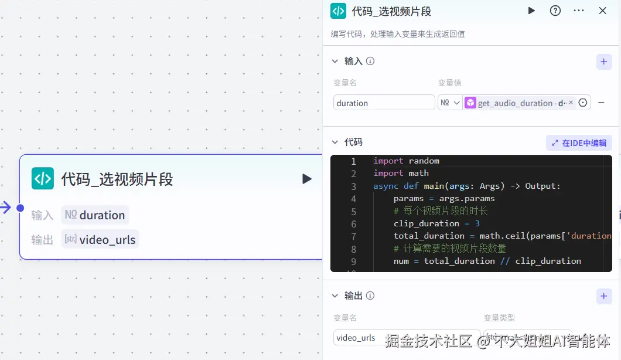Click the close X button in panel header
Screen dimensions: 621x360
602,11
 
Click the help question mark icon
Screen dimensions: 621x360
555,11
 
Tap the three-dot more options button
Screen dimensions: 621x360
579,11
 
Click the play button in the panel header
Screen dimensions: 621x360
531,11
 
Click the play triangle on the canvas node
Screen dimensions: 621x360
307,179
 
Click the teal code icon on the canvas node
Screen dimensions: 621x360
43,178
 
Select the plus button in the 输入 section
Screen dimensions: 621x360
604,61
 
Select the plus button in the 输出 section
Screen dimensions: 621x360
604,296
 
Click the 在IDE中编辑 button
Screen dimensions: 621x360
579,142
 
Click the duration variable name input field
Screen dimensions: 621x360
384,103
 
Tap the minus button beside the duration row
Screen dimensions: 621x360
601,103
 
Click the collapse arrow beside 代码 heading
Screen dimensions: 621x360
335,142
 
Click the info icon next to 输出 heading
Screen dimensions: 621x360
370,296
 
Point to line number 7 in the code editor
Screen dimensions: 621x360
353,236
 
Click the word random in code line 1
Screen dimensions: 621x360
424,161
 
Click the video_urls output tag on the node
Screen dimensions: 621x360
100,239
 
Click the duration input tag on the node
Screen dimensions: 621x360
95,215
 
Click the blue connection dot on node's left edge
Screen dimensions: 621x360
20,208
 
